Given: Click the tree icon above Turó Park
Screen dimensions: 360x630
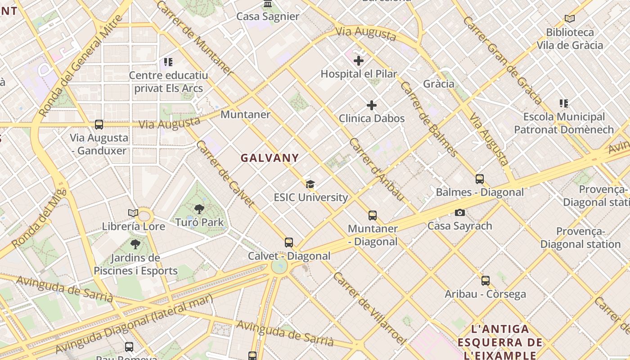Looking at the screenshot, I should [x=199, y=209].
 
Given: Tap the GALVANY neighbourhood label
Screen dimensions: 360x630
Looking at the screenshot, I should [x=270, y=158].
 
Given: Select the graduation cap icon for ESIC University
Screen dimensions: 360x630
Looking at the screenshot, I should [x=310, y=184].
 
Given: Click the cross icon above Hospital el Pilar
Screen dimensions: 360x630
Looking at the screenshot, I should [x=359, y=60].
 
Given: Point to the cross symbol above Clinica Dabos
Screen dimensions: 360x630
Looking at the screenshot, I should [x=372, y=105].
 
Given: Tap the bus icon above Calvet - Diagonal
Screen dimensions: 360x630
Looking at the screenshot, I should [x=289, y=243].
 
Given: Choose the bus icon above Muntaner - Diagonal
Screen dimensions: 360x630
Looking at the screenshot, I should [x=373, y=215].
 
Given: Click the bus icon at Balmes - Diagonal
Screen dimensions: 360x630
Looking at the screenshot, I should [x=480, y=179].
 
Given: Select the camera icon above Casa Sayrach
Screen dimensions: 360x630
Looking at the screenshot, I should [x=459, y=212].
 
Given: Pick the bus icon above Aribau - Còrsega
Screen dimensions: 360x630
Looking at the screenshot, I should [x=485, y=281].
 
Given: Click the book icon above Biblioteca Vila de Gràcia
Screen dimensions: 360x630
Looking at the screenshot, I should [x=570, y=19].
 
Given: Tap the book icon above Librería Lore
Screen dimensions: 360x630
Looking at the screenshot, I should [x=133, y=213].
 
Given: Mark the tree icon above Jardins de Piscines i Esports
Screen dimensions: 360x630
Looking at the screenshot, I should [x=135, y=244].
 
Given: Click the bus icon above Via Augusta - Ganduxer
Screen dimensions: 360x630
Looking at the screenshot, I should [x=99, y=125].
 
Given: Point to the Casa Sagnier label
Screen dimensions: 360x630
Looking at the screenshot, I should [x=268, y=17].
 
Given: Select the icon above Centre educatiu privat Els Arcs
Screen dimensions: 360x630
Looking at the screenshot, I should [x=168, y=62].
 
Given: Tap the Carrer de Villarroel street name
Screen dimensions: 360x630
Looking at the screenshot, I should [x=369, y=308].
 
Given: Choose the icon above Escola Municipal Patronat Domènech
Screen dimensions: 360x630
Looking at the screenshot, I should [x=564, y=103].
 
